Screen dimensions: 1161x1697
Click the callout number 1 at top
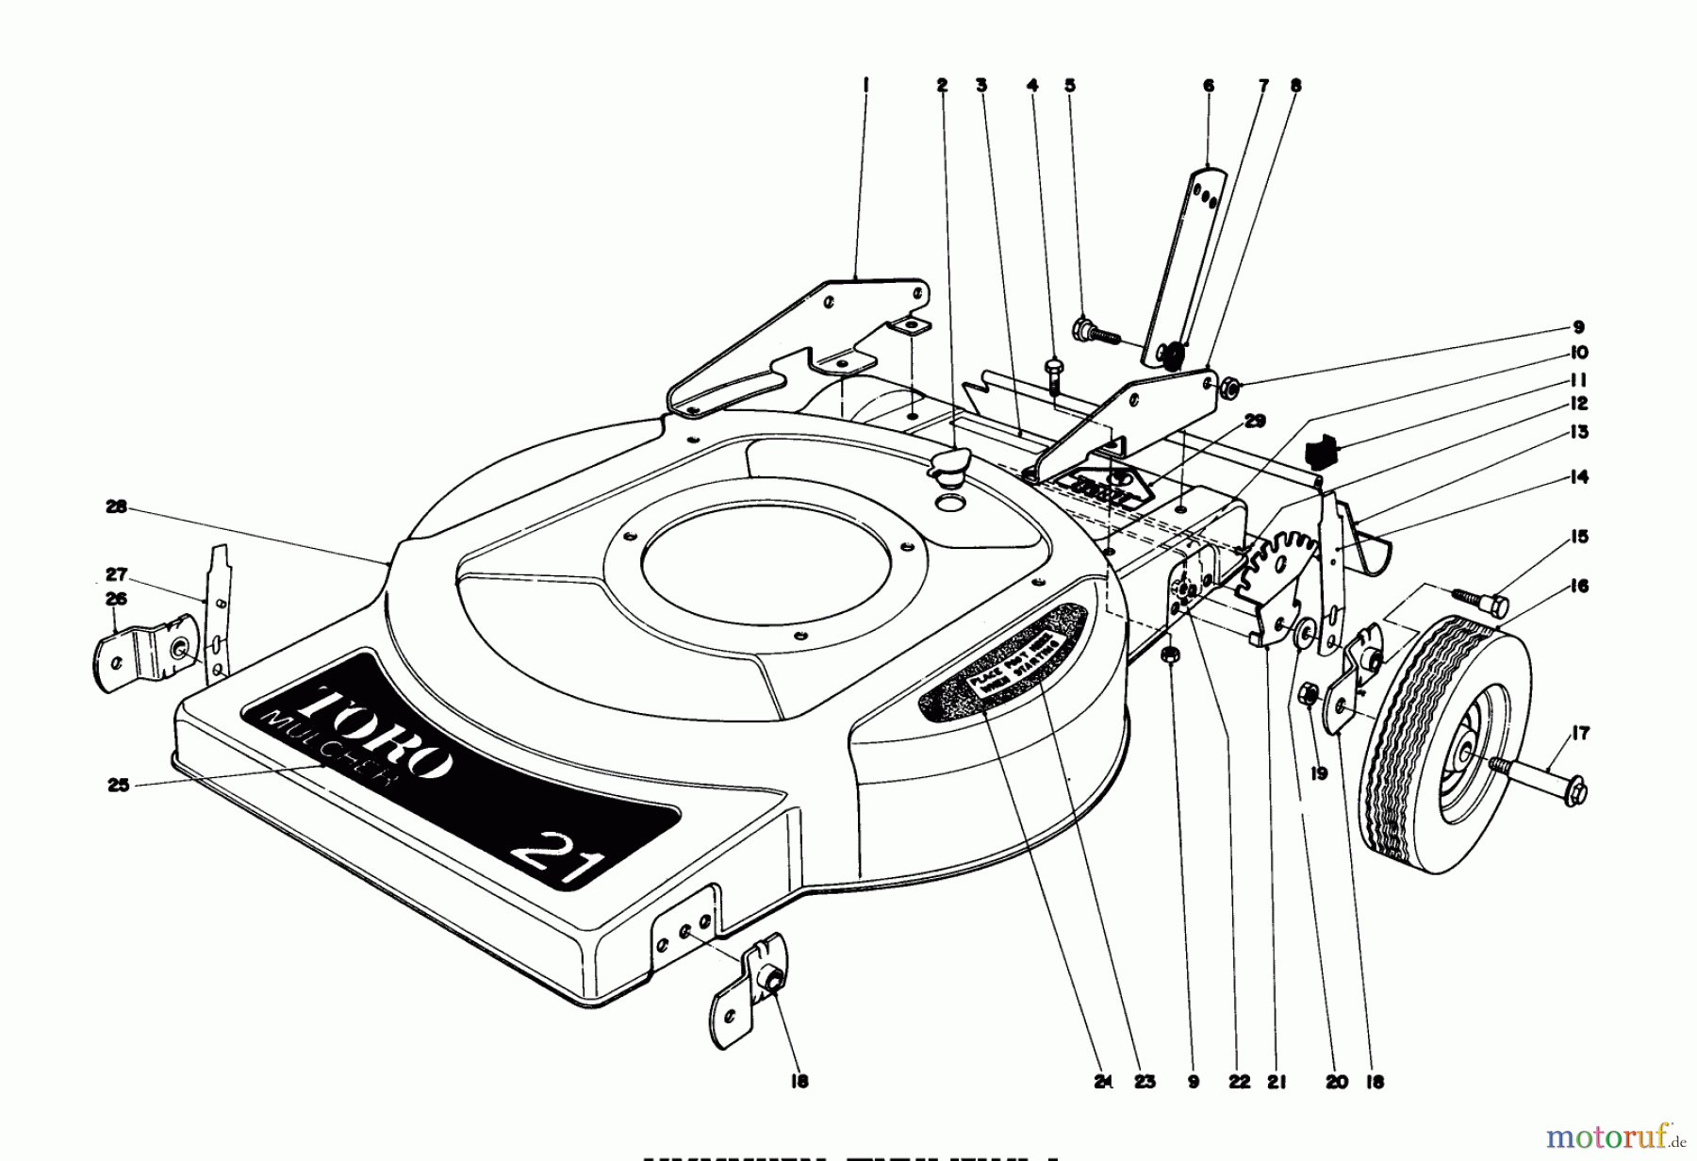pyautogui.click(x=865, y=85)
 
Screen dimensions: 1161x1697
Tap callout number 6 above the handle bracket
pyautogui.click(x=1209, y=86)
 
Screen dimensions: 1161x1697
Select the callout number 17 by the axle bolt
pyautogui.click(x=1580, y=734)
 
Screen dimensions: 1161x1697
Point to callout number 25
pyautogui.click(x=118, y=785)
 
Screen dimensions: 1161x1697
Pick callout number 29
pyautogui.click(x=1254, y=421)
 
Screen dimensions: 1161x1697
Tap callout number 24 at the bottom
pyautogui.click(x=1104, y=1082)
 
